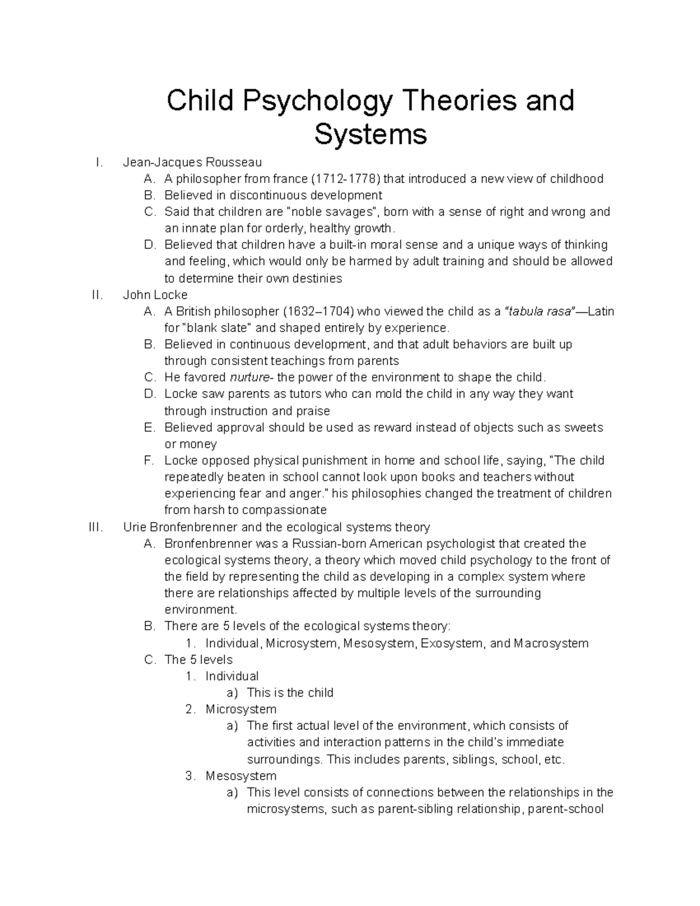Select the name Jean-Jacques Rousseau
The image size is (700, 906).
[192, 162]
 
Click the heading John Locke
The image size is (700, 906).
[155, 295]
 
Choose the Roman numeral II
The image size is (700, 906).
[97, 295]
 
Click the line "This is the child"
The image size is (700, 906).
[290, 692]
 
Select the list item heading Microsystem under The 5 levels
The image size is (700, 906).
[240, 709]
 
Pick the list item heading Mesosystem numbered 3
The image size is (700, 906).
[240, 776]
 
